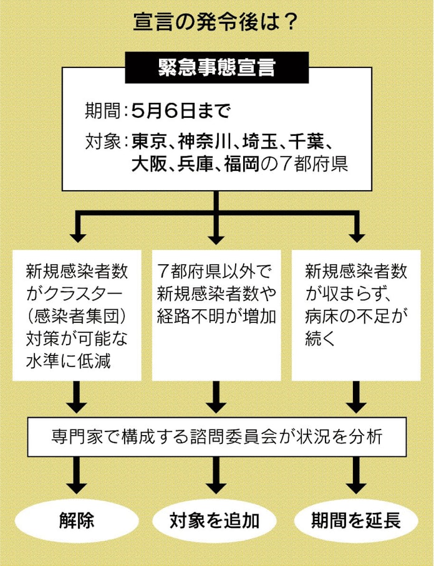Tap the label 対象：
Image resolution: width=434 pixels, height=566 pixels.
click(105, 141)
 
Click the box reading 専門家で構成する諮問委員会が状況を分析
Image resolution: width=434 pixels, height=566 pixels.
click(216, 436)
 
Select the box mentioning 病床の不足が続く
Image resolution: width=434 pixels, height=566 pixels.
click(356, 315)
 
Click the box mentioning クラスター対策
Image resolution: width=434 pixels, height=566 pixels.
click(77, 315)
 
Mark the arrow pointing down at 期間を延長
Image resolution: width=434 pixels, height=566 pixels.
click(356, 476)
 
